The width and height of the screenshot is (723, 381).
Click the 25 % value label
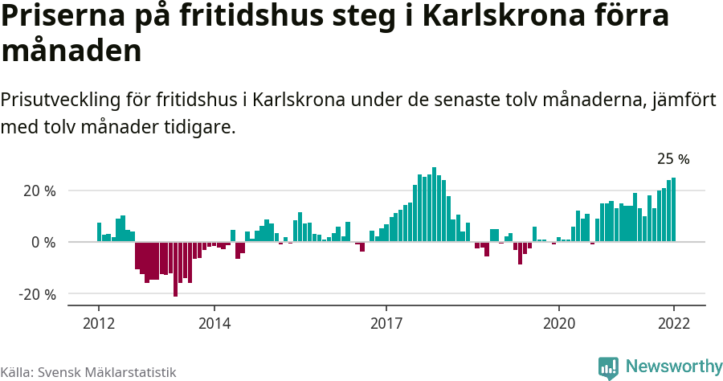[x=673, y=159]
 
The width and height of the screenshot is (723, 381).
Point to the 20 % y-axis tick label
[x=39, y=191]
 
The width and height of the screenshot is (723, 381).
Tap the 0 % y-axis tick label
[x=43, y=243]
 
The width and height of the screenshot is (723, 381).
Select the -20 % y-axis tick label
[x=37, y=294]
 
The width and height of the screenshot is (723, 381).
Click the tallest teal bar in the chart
[x=435, y=204]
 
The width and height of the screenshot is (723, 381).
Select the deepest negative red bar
[x=176, y=269]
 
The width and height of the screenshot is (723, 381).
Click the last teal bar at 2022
[x=673, y=210]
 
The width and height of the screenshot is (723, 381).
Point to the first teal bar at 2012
[x=100, y=232]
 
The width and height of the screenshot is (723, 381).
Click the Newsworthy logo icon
[x=608, y=367]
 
